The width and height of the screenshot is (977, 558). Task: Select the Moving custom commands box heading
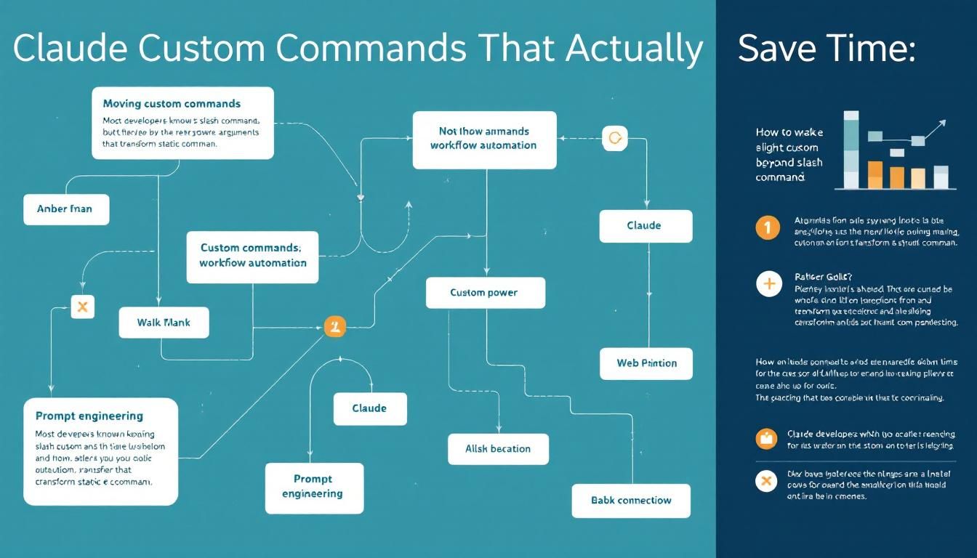(172, 104)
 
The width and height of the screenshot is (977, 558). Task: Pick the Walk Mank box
(164, 322)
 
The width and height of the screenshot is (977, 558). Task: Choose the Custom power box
(484, 293)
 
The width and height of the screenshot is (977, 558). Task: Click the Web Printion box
(646, 363)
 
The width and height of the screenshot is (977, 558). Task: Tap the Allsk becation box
(498, 449)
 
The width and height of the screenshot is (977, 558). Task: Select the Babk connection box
(630, 500)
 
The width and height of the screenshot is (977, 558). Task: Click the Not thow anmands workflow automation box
(483, 139)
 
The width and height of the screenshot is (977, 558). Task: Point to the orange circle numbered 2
(334, 326)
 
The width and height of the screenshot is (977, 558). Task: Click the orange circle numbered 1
(768, 227)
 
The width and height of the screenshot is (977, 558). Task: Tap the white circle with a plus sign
(768, 284)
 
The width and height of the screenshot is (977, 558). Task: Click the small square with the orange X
(82, 307)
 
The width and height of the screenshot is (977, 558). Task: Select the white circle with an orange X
(766, 480)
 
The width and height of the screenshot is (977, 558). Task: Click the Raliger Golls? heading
(824, 277)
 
